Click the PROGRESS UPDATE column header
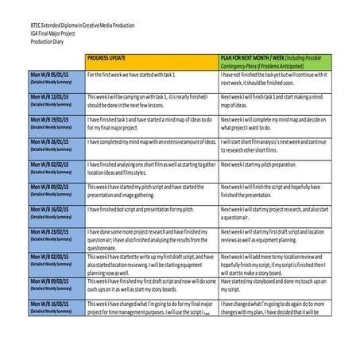click(110, 59)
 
